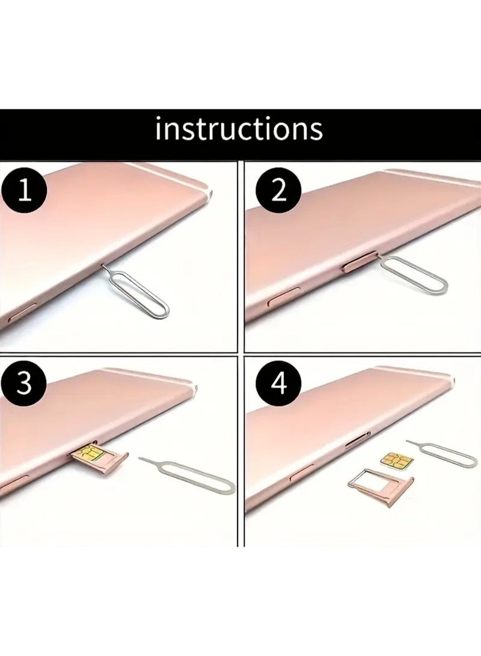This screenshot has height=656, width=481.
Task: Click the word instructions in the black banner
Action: point(239,129)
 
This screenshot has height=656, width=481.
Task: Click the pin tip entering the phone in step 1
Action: point(103,266)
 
